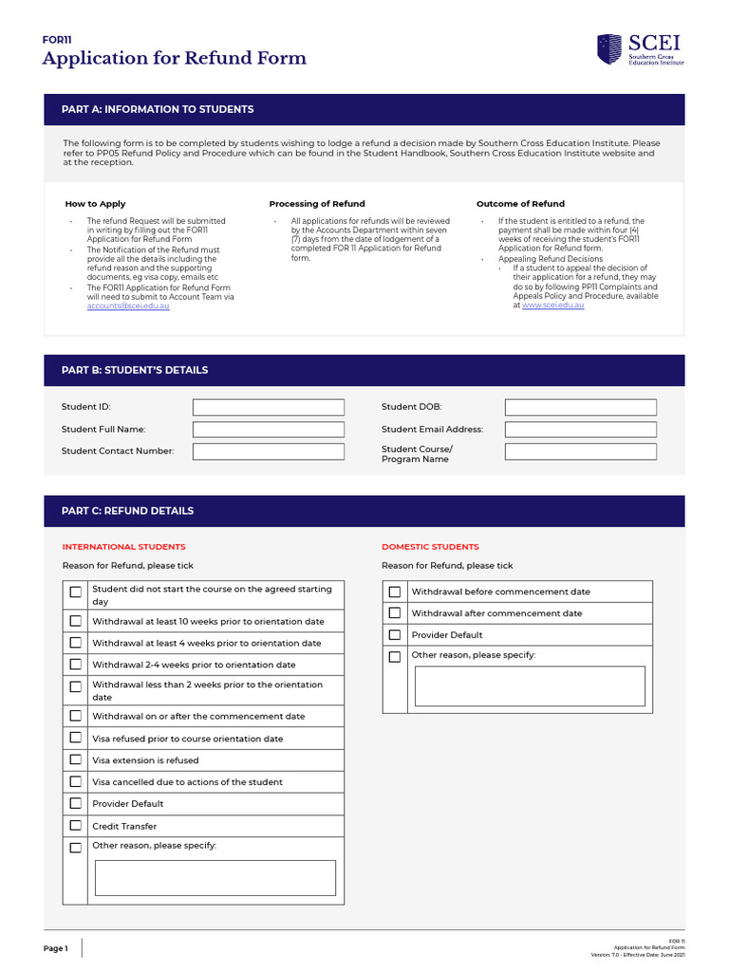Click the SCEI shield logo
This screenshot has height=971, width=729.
(x=609, y=49)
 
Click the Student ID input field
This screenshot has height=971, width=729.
(x=268, y=407)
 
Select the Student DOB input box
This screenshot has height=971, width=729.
(x=580, y=407)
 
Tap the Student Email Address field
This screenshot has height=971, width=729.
(x=580, y=430)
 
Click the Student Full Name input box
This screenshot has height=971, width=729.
(x=268, y=430)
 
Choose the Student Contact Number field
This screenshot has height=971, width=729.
(x=268, y=451)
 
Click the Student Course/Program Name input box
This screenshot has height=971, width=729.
(x=580, y=451)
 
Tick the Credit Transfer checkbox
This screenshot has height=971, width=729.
(x=76, y=826)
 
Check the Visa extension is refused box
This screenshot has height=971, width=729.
(x=76, y=760)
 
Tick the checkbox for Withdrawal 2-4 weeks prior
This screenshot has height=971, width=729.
(x=76, y=665)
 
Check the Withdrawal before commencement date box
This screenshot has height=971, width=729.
(x=395, y=592)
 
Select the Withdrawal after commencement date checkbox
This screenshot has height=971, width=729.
(x=395, y=614)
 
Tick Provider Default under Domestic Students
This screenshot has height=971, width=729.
(x=395, y=635)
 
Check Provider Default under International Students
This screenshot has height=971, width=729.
(x=76, y=804)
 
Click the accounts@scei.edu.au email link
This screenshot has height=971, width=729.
(x=128, y=306)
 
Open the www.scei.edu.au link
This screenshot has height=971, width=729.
(x=552, y=305)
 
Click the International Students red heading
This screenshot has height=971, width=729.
(x=123, y=547)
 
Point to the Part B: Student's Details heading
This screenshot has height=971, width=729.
(x=135, y=370)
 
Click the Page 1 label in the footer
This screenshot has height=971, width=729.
(x=55, y=948)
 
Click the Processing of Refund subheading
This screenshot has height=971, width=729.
(x=317, y=204)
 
